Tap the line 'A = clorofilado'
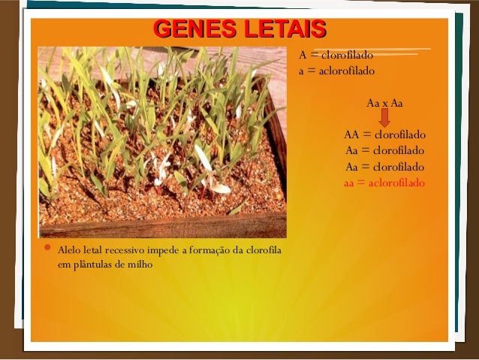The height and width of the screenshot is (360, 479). click(x=336, y=55)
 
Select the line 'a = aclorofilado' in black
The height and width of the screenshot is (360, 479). click(x=336, y=71)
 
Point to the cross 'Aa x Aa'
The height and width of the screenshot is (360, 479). click(x=384, y=103)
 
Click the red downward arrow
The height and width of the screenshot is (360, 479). click(x=384, y=118)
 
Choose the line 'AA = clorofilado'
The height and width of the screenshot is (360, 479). click(x=384, y=135)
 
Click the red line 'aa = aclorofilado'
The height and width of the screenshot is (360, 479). click(x=384, y=183)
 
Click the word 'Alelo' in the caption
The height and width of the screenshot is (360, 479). click(x=71, y=250)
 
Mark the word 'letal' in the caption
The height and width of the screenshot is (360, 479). click(x=97, y=250)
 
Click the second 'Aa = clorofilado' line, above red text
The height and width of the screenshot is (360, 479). click(x=384, y=167)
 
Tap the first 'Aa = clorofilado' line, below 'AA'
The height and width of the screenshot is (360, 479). click(x=384, y=151)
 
